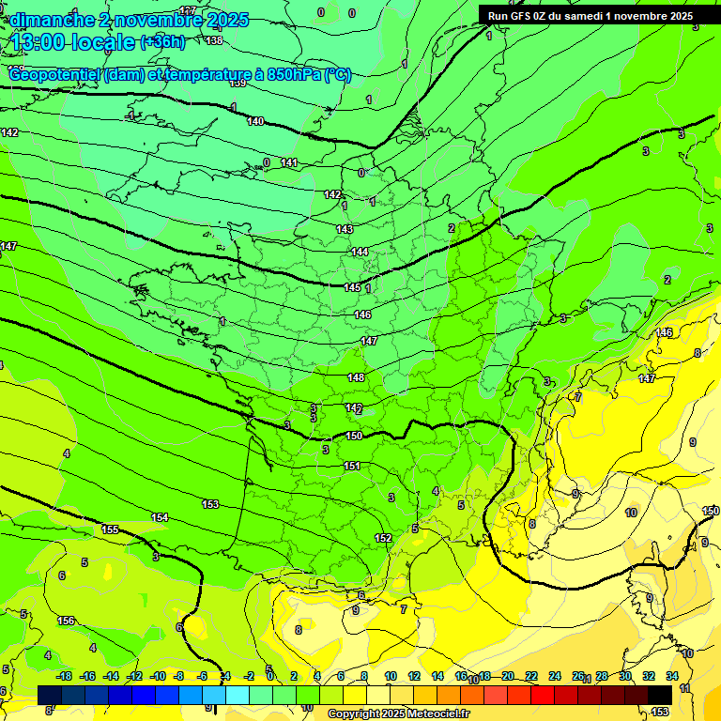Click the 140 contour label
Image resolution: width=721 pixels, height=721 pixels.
[255, 121]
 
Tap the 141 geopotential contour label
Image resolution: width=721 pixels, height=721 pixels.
[289, 163]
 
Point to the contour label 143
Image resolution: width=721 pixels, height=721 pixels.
[345, 229]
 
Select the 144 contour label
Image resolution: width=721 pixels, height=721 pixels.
[360, 252]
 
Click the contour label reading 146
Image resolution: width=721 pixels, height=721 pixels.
[362, 314]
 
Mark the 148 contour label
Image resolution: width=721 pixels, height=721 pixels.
[356, 377]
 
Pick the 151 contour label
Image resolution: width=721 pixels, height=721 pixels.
[351, 466]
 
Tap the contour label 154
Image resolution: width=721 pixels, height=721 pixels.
[160, 517]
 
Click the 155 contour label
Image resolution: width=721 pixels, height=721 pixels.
[110, 529]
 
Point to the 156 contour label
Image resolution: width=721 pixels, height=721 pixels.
[66, 621]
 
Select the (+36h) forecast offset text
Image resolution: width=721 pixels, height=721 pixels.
[162, 41]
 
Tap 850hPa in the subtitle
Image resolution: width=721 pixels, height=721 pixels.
[291, 75]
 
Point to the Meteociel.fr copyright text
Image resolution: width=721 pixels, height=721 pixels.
[397, 713]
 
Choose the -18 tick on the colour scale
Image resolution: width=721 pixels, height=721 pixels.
[64, 676]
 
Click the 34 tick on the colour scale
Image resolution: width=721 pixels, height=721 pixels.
[672, 676]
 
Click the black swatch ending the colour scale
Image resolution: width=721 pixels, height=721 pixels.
[660, 694]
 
